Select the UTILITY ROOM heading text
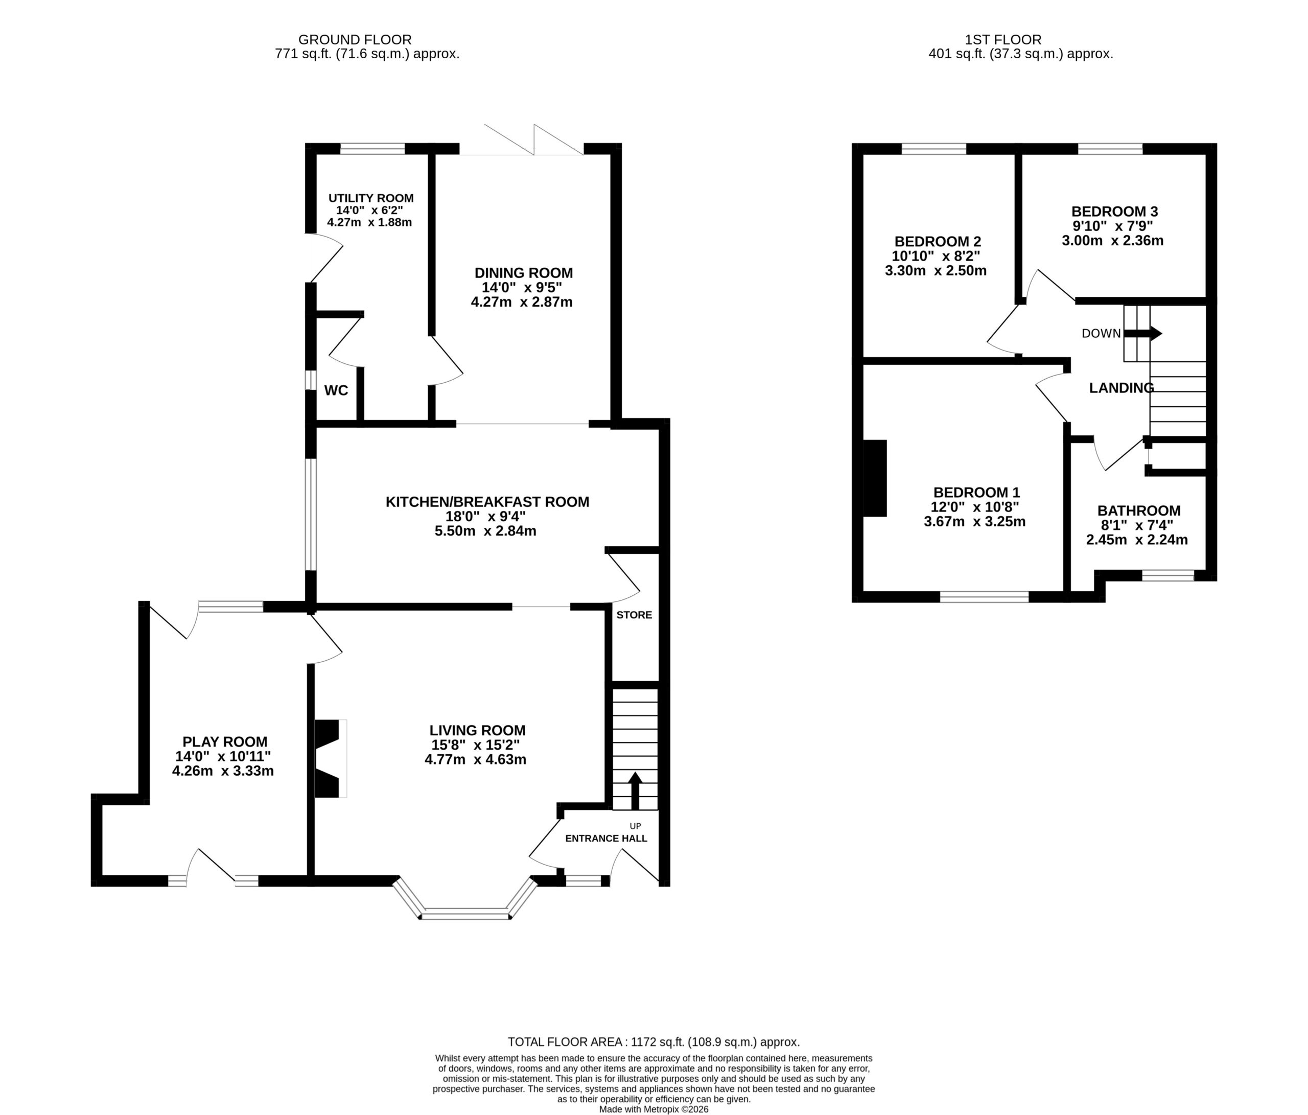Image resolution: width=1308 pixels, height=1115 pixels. tap(370, 198)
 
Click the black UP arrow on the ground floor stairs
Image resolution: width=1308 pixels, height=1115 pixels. tap(635, 791)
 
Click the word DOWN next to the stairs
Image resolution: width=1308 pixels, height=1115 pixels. tap(1101, 333)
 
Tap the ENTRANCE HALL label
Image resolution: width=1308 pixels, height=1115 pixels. tap(606, 839)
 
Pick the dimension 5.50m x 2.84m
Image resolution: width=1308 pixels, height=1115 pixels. tap(485, 531)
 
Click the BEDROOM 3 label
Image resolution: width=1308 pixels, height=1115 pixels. tap(1114, 212)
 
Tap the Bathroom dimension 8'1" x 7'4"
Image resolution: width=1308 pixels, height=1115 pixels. tap(1137, 525)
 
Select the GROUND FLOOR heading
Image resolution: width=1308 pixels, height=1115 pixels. tap(355, 40)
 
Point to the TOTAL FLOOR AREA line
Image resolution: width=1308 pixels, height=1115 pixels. tap(654, 1042)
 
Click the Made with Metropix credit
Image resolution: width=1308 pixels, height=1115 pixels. tap(654, 1109)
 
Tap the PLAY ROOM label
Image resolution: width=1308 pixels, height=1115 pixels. tap(225, 742)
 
